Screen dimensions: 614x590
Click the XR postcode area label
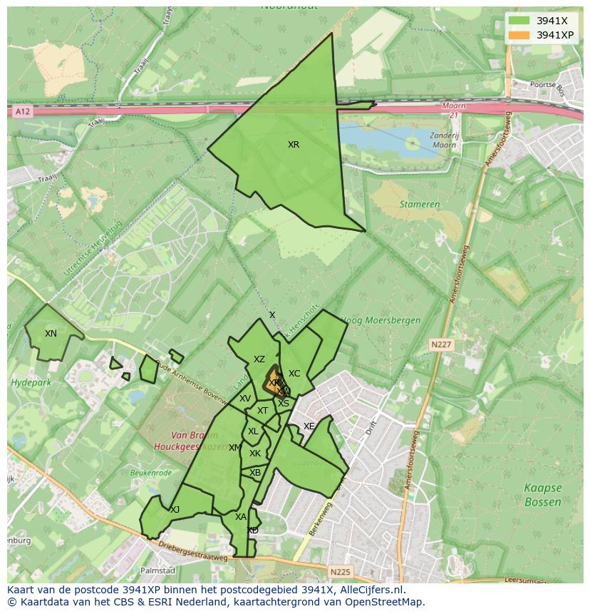(x=294, y=145)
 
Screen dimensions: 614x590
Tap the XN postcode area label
(x=51, y=334)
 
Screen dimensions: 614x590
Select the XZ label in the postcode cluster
(x=259, y=360)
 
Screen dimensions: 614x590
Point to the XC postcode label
(x=294, y=374)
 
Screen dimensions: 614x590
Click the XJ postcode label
(x=175, y=510)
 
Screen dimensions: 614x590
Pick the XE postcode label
(x=309, y=426)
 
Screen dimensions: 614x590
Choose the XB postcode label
(x=255, y=473)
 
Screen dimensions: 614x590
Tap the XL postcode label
(x=253, y=431)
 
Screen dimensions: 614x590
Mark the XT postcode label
(x=262, y=411)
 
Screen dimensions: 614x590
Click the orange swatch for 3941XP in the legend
(x=519, y=34)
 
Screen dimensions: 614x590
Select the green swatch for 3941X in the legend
(x=519, y=20)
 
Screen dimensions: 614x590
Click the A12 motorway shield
(x=23, y=111)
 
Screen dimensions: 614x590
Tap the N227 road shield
(x=441, y=344)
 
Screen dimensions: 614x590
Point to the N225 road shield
(x=340, y=572)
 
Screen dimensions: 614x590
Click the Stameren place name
(x=420, y=204)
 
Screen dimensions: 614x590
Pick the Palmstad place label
(x=157, y=571)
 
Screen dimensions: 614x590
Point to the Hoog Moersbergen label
(x=381, y=321)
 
